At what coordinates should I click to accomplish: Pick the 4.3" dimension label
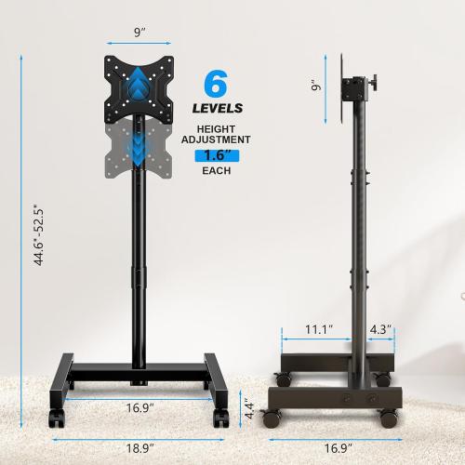(380, 329)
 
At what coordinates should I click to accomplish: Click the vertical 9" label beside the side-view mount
(316, 86)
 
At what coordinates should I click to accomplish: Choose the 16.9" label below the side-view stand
(333, 447)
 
